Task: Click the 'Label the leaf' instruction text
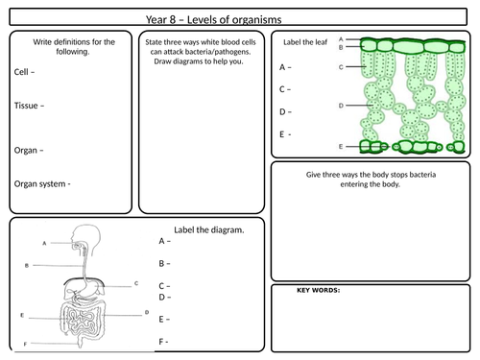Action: point(306,44)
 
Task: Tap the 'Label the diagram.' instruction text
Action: point(209,229)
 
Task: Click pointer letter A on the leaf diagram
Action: point(343,39)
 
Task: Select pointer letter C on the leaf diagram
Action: point(343,68)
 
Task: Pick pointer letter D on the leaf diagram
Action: point(342,105)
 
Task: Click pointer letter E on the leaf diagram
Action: point(342,146)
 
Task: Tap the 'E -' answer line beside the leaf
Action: point(284,134)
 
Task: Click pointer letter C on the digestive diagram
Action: point(136,284)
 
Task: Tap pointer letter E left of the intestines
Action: point(22,314)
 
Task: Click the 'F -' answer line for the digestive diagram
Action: point(164,341)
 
